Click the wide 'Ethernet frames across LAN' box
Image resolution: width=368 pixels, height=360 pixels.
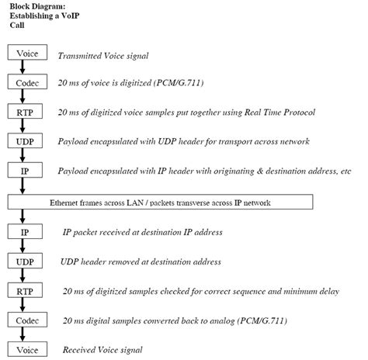click(x=160, y=201)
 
